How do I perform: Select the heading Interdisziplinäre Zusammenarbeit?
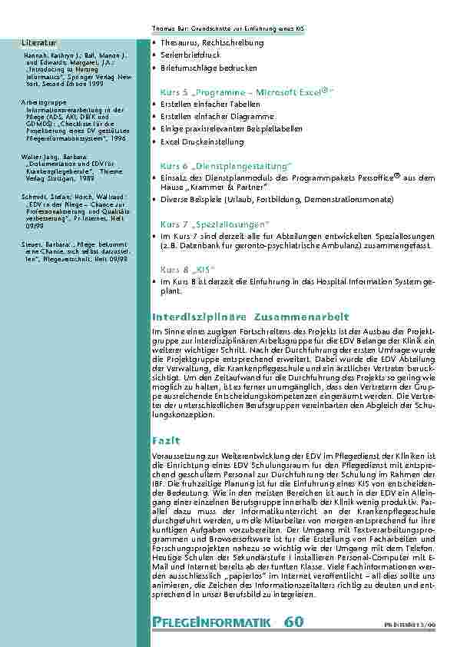[241, 316]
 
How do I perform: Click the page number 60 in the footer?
[296, 621]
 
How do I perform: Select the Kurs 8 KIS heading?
[187, 270]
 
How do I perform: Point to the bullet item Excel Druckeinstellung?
[202, 142]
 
